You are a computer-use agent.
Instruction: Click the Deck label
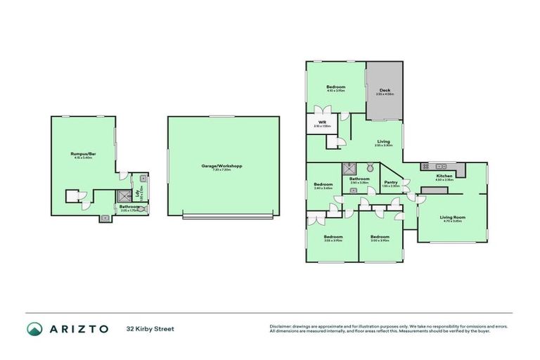point(385,90)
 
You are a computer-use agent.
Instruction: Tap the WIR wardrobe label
point(322,122)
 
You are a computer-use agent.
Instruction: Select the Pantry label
point(390,183)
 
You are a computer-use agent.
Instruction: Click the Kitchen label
point(444,176)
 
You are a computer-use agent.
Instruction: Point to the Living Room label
point(453,217)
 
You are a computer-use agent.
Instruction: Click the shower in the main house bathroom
point(348,169)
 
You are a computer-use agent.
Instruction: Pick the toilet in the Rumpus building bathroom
point(141,208)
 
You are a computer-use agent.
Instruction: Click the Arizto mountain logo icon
point(34,329)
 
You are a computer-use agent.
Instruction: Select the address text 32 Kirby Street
point(150,329)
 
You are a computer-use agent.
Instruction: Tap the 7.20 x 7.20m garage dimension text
point(222,170)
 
